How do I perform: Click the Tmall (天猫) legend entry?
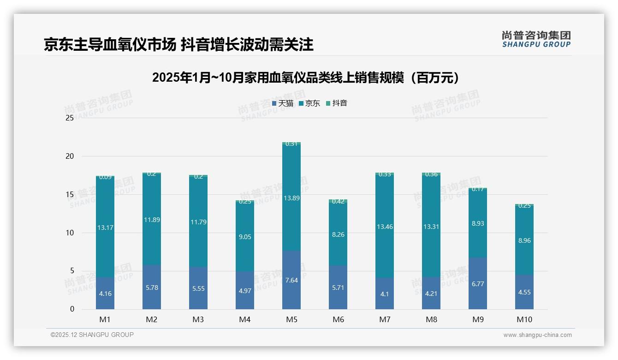click(x=283, y=103)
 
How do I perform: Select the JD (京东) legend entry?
click(x=309, y=103)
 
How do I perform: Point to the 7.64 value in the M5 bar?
click(x=291, y=280)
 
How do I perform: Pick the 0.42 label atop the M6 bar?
click(x=338, y=201)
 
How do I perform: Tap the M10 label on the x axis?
click(x=524, y=319)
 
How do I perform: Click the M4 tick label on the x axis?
click(x=245, y=319)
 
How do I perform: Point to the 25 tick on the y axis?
click(x=70, y=118)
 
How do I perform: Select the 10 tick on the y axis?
click(x=70, y=233)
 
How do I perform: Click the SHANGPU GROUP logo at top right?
click(x=536, y=39)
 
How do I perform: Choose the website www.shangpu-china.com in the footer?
click(x=537, y=335)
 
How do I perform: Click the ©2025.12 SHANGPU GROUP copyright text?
click(x=92, y=335)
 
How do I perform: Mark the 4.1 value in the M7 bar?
click(x=385, y=294)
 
